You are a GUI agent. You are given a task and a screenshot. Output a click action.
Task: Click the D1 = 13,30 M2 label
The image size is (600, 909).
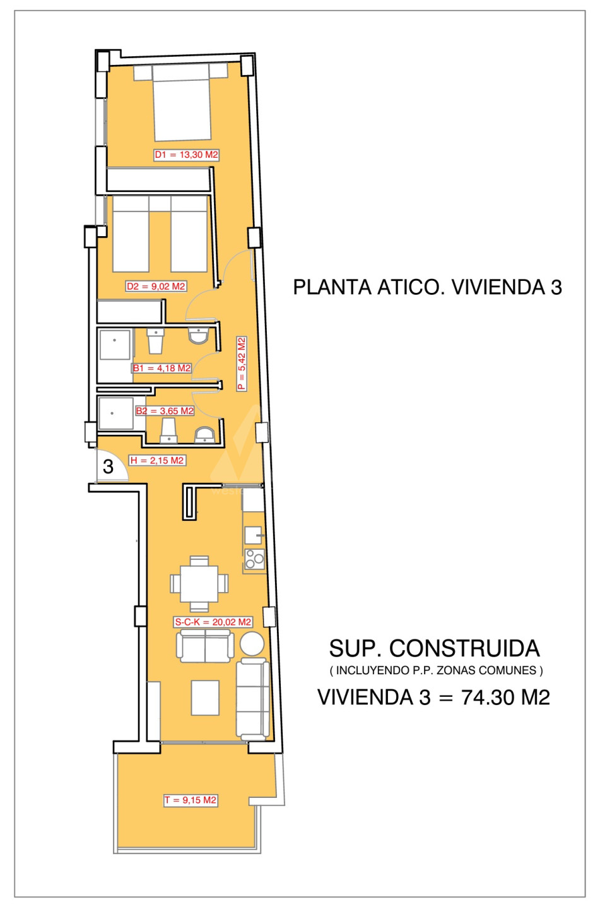click(187, 155)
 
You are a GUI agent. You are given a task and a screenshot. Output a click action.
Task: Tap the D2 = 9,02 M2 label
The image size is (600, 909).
click(156, 287)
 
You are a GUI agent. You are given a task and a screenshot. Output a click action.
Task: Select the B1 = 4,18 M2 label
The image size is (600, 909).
click(162, 368)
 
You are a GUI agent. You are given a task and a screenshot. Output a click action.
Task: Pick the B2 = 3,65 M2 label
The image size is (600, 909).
click(165, 411)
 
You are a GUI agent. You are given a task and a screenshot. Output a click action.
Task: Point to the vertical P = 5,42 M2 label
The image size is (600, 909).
click(242, 364)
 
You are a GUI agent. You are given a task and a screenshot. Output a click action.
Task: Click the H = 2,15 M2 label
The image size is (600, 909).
click(157, 461)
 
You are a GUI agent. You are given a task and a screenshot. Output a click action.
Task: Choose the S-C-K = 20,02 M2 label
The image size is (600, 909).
click(213, 622)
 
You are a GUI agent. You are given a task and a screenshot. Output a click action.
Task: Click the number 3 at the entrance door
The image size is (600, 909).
click(108, 466)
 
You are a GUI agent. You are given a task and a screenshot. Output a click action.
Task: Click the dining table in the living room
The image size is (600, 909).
click(199, 584)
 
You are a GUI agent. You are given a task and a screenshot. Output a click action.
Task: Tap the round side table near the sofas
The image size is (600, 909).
click(252, 643)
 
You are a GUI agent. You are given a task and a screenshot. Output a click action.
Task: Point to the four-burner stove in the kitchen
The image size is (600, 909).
click(254, 559)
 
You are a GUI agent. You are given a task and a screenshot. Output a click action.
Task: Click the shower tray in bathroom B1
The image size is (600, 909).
click(115, 345)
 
